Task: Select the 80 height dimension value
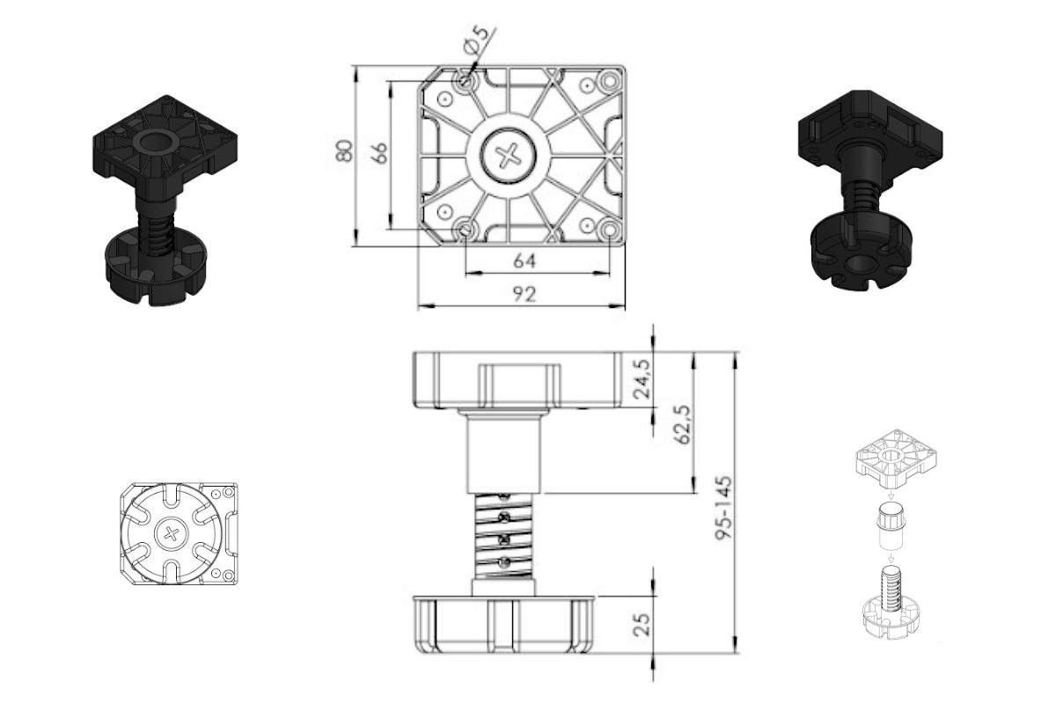pos(345,150)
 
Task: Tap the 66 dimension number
pos(379,152)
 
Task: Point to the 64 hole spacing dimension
pos(524,260)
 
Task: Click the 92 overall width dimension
pos(524,294)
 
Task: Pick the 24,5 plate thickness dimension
pos(642,378)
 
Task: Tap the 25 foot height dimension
pos(642,623)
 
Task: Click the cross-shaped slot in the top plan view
pos(508,155)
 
